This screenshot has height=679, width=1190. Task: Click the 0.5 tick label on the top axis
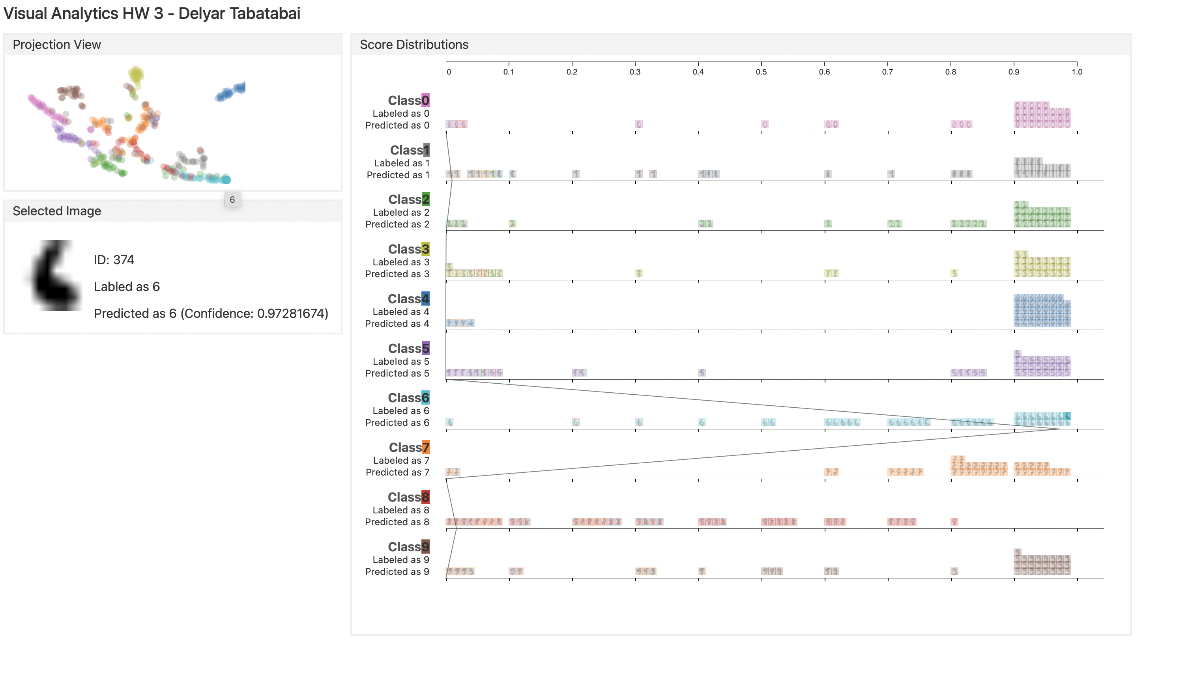point(761,72)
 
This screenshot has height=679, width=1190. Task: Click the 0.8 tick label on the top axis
point(950,72)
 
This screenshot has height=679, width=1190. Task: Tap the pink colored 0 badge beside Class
point(425,100)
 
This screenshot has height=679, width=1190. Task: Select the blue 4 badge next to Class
point(425,298)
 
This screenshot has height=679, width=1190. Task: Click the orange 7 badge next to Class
point(425,447)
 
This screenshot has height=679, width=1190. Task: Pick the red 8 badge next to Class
point(425,497)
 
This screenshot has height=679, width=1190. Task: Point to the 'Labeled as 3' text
point(400,262)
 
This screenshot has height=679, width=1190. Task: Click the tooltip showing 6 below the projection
point(232,200)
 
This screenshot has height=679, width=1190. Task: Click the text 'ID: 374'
point(114,260)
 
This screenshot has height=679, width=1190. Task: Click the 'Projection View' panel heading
point(56,45)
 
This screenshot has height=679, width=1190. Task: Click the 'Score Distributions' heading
point(414,45)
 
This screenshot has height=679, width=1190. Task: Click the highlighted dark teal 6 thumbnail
point(1067,416)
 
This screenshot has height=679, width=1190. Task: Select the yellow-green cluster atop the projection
point(136,74)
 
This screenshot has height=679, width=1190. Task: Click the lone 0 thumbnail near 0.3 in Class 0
point(638,124)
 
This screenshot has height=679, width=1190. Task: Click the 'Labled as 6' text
point(127,286)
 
